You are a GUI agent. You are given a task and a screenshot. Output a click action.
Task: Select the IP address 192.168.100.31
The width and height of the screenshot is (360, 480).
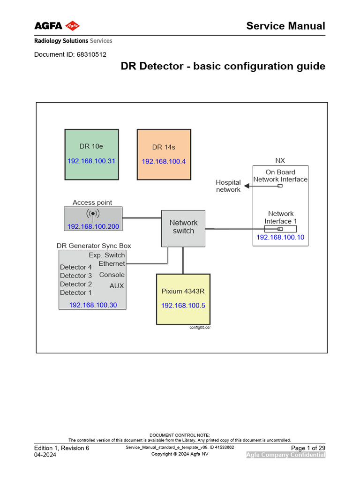coord(91,161)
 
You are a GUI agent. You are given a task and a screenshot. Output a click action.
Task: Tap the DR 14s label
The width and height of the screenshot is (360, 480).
coord(164,147)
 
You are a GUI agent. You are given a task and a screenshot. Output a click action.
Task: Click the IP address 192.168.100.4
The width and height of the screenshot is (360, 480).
coord(164,161)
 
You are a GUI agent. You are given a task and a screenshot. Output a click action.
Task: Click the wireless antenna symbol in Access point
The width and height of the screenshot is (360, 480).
coord(93,215)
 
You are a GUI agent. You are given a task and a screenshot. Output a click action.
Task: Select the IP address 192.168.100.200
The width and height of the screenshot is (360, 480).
coord(93,226)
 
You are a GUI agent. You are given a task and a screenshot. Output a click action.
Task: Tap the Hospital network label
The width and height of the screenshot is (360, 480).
coord(228,186)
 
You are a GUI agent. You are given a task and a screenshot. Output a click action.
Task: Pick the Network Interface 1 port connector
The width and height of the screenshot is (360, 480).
coord(280,229)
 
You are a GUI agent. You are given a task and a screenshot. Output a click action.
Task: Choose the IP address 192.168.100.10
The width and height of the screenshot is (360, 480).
coord(280,237)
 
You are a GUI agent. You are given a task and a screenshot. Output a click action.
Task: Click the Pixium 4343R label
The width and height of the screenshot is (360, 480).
coord(183,291)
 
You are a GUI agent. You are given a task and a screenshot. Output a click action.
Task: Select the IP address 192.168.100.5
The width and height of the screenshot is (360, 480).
coord(183,305)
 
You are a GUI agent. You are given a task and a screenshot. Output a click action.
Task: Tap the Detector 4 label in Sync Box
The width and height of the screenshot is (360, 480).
coord(76,267)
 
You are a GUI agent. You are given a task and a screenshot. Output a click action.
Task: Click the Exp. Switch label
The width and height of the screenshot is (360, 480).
coord(107,255)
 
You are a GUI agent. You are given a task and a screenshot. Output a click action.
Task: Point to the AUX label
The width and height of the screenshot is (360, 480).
coord(117,285)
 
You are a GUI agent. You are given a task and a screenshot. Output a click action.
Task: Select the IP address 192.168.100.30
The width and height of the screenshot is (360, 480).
coord(93,305)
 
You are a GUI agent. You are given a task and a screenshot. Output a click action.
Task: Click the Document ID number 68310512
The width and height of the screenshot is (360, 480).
coord(91,54)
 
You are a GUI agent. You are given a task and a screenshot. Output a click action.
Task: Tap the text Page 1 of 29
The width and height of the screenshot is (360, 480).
coord(308,448)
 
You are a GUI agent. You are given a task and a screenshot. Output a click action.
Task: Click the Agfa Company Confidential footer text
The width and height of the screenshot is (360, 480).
coord(286,455)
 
